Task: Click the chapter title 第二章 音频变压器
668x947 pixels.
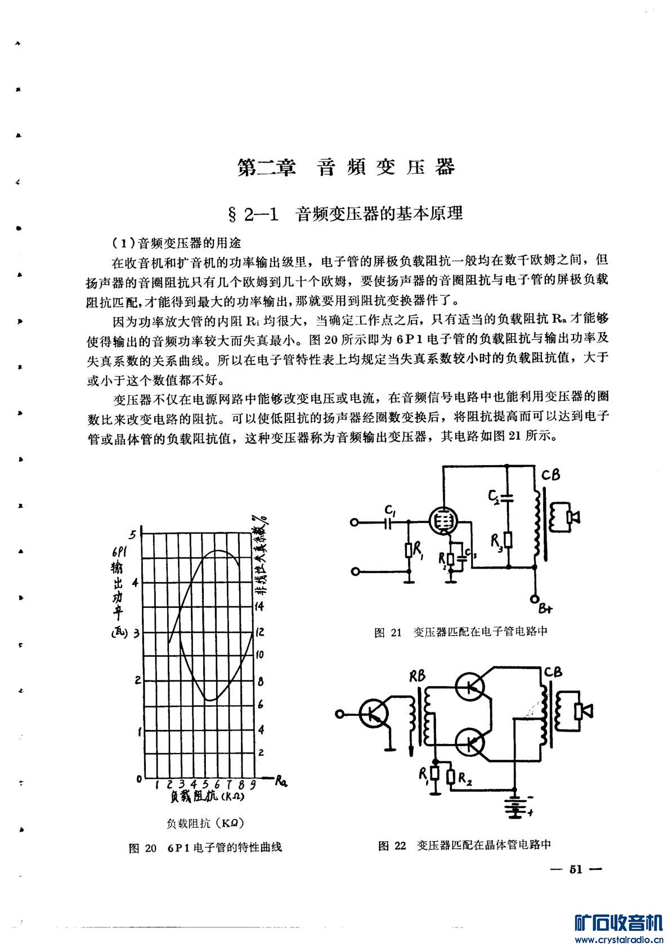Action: point(346,167)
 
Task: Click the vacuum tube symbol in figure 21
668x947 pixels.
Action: point(442,520)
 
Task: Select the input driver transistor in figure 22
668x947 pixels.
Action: point(373,714)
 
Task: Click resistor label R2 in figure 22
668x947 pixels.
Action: point(465,779)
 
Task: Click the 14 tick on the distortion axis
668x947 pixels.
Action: point(260,606)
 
